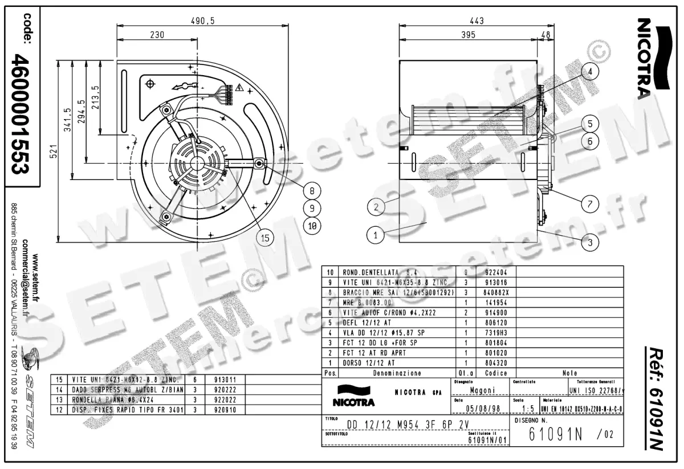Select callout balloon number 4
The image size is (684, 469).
coord(591,72)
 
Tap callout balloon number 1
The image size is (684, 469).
coord(375,234)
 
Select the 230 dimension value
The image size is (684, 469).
coord(157,35)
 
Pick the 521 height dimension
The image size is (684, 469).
coord(53,150)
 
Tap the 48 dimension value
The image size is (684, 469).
coord(545,35)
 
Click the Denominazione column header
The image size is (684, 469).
coord(397,373)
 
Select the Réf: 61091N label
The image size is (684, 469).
coord(656,398)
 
